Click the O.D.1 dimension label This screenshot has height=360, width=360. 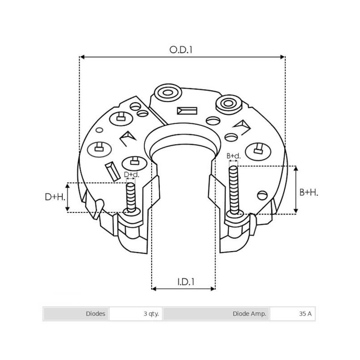[x=181, y=50]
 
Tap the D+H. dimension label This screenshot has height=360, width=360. [x=55, y=197]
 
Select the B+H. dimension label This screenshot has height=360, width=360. [x=309, y=192]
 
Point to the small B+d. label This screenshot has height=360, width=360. [x=234, y=156]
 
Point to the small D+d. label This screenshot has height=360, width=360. [x=131, y=175]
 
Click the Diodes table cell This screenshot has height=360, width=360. [x=76, y=314]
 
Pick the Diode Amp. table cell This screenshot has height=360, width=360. [x=216, y=314]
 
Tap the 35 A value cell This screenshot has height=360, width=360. [x=292, y=314]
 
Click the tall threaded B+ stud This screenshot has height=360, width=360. [x=234, y=189]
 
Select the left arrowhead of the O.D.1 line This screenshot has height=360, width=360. [x=82, y=57]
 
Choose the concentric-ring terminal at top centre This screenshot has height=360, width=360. [x=166, y=94]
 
